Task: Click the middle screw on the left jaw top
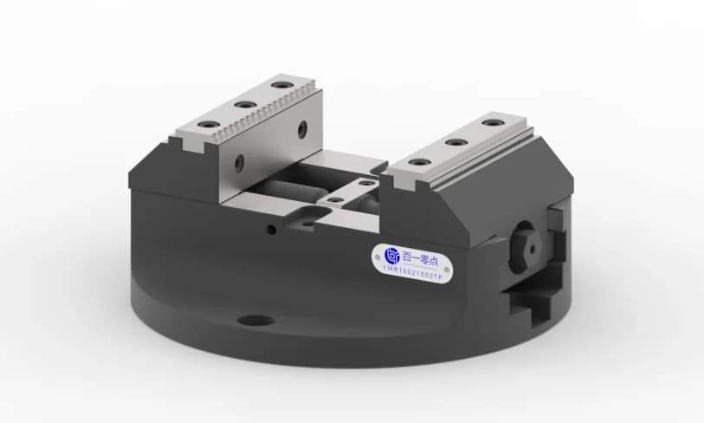245,105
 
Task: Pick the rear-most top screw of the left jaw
278,86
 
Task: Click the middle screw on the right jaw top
455,142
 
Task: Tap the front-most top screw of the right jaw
419,162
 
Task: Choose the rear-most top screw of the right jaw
492,122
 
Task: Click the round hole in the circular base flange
255,321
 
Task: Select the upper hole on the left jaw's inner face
301,131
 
